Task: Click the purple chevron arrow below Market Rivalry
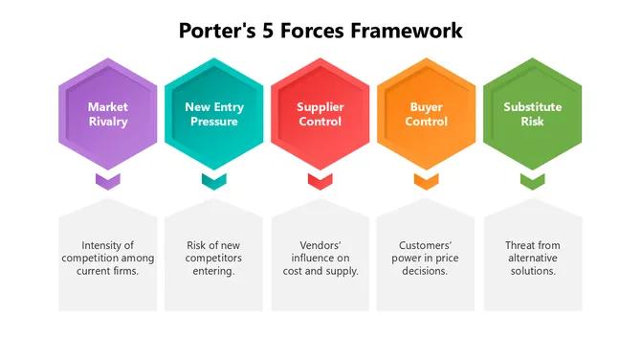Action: [x=107, y=180]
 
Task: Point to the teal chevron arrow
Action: [x=213, y=180]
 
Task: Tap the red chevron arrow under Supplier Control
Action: [x=320, y=180]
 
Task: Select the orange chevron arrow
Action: [x=426, y=180]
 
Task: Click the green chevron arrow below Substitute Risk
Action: [x=532, y=180]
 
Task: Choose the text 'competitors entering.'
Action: [x=214, y=265]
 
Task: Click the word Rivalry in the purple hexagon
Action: [x=107, y=122]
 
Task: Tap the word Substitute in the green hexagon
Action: [x=532, y=106]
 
